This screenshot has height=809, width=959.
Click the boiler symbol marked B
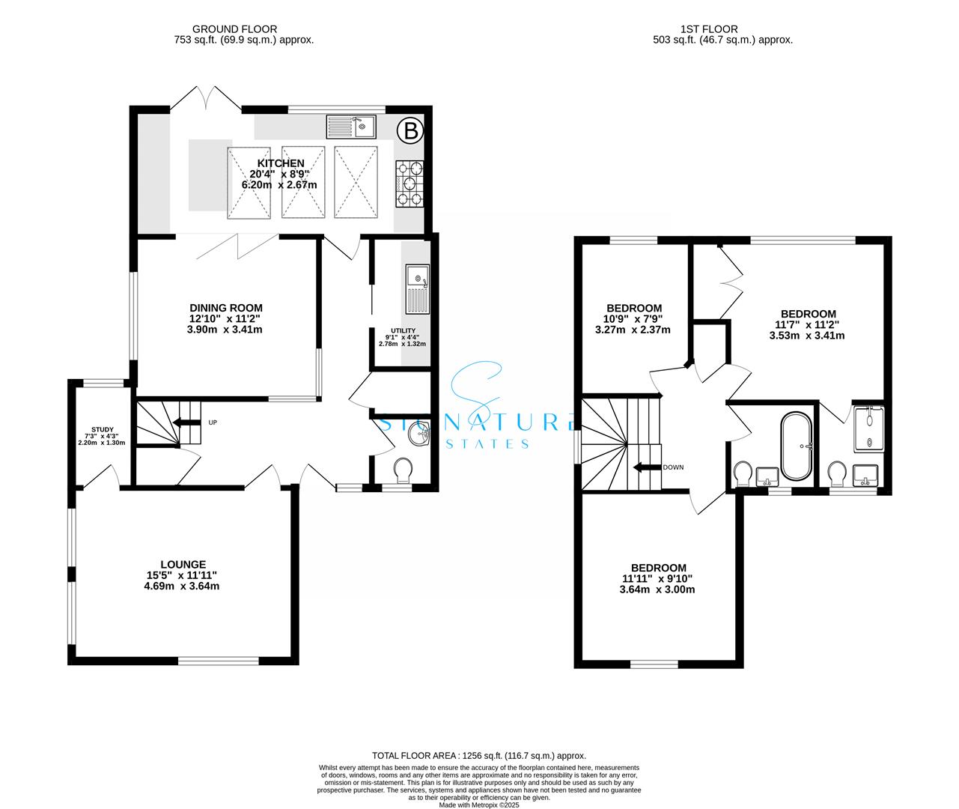410,131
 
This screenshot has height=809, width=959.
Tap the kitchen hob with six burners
410,184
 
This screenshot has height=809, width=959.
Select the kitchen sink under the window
351,127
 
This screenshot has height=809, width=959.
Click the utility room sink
418,289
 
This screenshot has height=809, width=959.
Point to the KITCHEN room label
280,163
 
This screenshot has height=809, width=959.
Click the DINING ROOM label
226,308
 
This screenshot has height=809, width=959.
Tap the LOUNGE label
183,564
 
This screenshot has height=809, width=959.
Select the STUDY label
102,430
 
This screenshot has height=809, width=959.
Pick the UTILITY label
403,330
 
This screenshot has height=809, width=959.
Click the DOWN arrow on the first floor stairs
647,467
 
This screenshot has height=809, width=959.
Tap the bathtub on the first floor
796,446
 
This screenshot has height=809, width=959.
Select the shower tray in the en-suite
868,428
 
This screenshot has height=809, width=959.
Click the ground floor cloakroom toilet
403,470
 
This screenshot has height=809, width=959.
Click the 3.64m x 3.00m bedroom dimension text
657,590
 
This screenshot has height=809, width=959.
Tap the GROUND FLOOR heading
235,29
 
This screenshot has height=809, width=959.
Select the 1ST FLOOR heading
709,29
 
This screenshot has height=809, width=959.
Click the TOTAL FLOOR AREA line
479,756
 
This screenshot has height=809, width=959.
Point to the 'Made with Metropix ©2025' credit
479,805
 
